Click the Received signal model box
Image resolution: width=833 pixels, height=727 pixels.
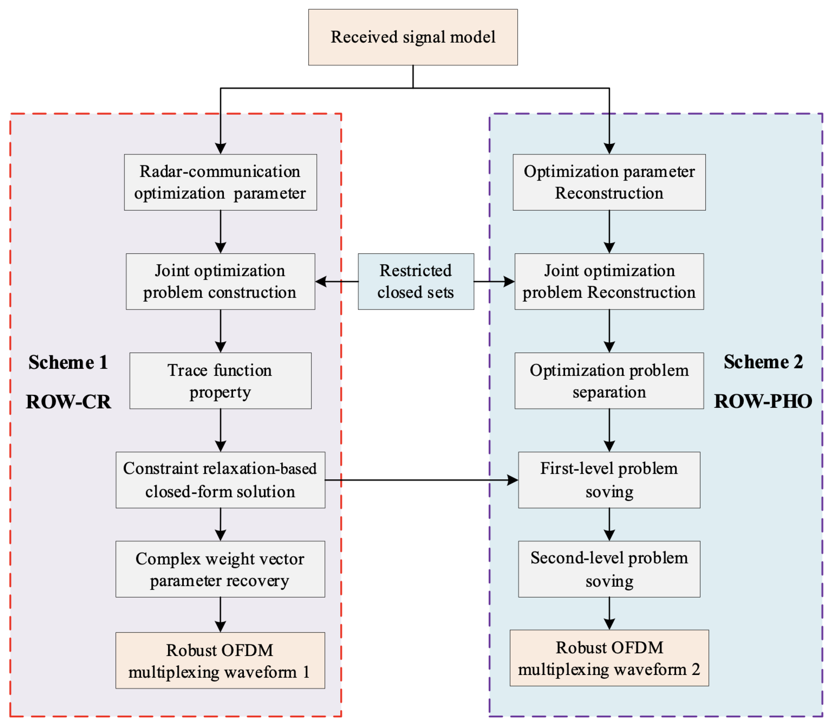click(x=413, y=37)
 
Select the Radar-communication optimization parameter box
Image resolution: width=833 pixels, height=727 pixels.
click(x=220, y=182)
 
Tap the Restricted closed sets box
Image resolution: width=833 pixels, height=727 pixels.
click(x=416, y=282)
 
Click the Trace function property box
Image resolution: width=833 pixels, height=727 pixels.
click(x=220, y=381)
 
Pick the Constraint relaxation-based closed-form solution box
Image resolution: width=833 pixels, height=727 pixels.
click(x=220, y=480)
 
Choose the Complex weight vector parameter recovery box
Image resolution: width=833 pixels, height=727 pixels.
click(x=220, y=569)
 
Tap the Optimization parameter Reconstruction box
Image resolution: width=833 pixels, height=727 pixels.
click(x=609, y=182)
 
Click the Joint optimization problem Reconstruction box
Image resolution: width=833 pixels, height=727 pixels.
click(x=609, y=282)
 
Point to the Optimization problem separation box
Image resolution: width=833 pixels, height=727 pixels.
click(x=609, y=381)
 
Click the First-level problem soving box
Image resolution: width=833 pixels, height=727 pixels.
click(x=609, y=480)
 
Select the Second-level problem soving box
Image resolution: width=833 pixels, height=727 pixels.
click(x=609, y=569)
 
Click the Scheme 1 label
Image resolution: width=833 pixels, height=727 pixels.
click(x=68, y=362)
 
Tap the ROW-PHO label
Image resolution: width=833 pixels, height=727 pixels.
click(x=763, y=401)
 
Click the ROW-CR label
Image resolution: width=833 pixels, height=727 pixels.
click(x=68, y=402)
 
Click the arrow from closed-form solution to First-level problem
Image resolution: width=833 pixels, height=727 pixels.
click(x=422, y=480)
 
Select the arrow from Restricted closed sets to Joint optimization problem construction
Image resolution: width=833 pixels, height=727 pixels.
click(x=337, y=282)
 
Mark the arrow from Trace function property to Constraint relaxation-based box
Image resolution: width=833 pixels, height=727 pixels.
click(x=220, y=430)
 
